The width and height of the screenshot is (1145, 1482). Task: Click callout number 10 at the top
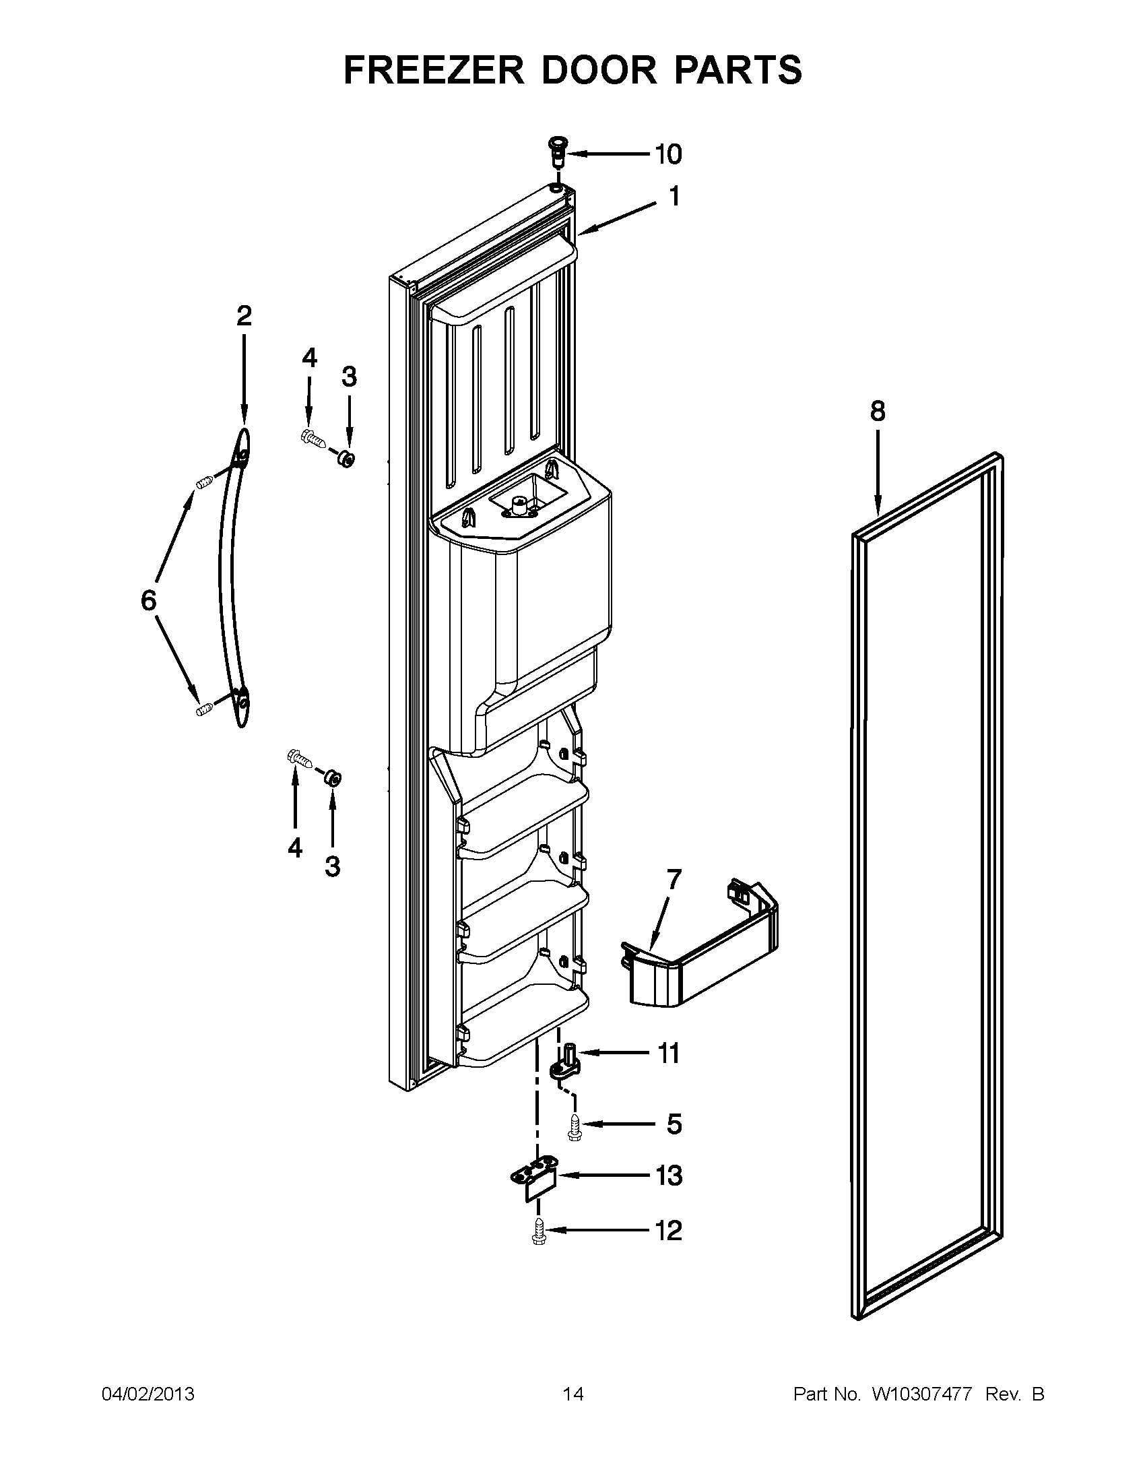[667, 155]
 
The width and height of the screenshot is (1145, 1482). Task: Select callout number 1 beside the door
[674, 197]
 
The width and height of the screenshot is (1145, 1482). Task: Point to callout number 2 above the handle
[244, 316]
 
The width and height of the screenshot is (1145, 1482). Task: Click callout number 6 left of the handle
[149, 600]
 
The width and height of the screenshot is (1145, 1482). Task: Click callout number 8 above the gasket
[877, 411]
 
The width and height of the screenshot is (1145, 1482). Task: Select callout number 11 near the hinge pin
[668, 1054]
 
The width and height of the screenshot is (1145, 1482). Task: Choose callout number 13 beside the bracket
[669, 1176]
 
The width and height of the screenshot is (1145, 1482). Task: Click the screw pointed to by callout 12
[539, 1230]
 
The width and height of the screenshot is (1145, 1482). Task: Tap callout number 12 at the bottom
[668, 1230]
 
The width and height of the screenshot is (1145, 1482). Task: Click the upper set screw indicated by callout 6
[205, 483]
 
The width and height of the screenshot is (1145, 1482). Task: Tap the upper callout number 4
[309, 358]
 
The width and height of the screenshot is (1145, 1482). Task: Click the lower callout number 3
[332, 866]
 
